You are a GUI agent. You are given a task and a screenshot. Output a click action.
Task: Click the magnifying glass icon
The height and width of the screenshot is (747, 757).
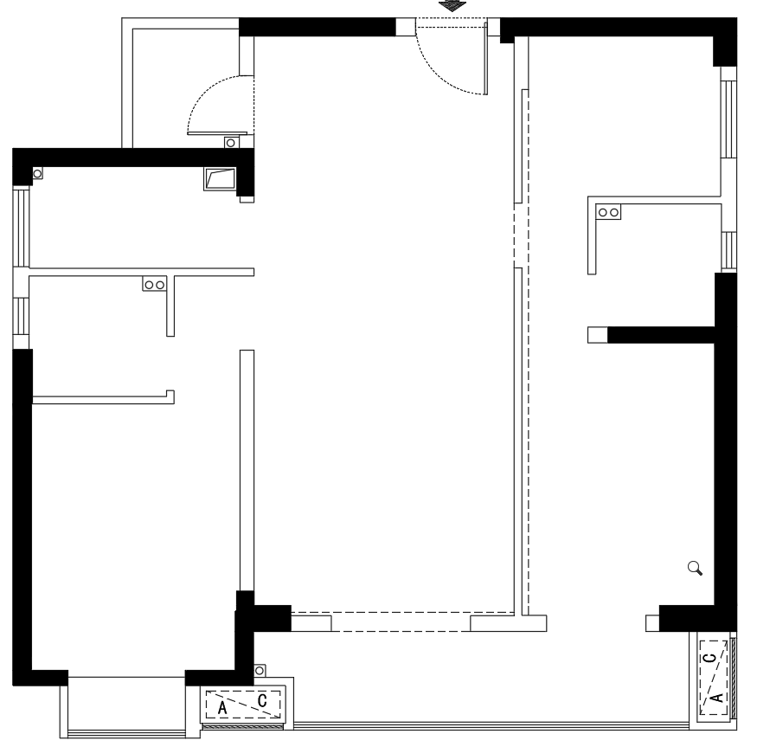pos(695,568)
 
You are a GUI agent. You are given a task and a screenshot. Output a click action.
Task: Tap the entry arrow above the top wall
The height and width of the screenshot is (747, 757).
pos(452,5)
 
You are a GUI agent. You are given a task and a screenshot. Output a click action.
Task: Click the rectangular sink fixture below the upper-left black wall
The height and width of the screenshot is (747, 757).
pos(220,179)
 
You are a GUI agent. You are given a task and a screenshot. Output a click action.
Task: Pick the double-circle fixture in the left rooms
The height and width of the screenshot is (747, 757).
pos(155,284)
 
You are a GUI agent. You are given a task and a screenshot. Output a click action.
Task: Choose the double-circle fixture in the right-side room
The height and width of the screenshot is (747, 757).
pos(608,212)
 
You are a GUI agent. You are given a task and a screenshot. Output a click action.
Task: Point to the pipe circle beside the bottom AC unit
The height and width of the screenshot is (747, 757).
pos(260,671)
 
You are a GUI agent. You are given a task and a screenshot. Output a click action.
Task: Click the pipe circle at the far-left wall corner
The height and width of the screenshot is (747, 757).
pos(37,173)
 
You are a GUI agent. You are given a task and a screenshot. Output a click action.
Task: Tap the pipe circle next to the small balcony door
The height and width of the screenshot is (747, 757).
pos(231,143)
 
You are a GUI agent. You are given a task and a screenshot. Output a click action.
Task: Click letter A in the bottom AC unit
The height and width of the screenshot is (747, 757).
pos(222,708)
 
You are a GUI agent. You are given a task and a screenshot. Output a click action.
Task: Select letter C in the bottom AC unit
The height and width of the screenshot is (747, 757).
pos(262,700)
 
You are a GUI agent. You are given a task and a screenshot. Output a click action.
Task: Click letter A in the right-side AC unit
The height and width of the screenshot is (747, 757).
pos(717,698)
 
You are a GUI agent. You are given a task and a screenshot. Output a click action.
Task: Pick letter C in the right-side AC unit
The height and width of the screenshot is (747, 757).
pos(710,658)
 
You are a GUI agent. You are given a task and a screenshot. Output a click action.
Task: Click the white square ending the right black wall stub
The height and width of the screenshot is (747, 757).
pos(598,335)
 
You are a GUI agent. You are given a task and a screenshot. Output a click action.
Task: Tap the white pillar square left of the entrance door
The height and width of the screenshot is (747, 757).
pos(406,27)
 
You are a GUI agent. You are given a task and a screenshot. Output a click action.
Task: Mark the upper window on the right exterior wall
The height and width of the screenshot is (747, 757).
pos(728,119)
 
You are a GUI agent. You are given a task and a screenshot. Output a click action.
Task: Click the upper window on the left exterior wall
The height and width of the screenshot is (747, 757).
pos(21,227)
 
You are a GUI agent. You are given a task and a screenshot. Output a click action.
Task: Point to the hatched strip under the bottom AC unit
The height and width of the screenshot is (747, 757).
pos(242,726)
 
